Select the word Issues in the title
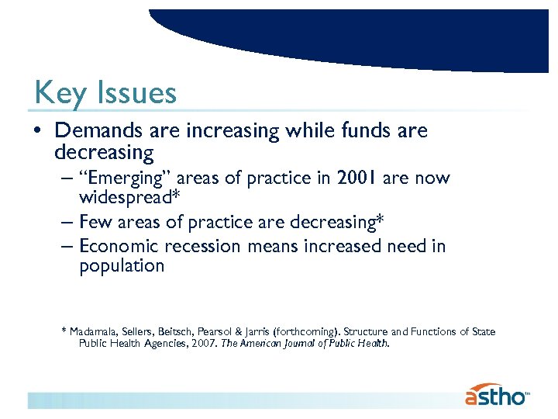(x=137, y=94)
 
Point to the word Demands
(x=95, y=131)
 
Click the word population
(x=122, y=266)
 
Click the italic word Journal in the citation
(x=307, y=343)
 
